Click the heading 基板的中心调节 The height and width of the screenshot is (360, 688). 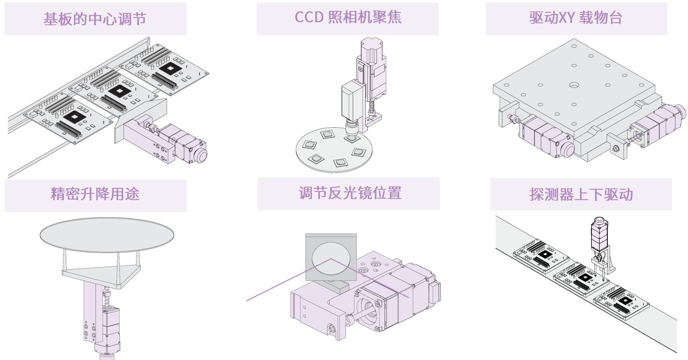coord(95,19)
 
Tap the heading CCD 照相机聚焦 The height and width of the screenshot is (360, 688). coord(348,17)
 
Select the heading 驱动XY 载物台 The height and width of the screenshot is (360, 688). coord(575,18)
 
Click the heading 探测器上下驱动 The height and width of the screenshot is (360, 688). coord(581,194)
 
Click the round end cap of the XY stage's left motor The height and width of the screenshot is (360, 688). coord(566,150)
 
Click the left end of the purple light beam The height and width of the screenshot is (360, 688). coord(247,300)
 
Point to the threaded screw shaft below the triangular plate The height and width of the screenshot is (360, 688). coord(108,299)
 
